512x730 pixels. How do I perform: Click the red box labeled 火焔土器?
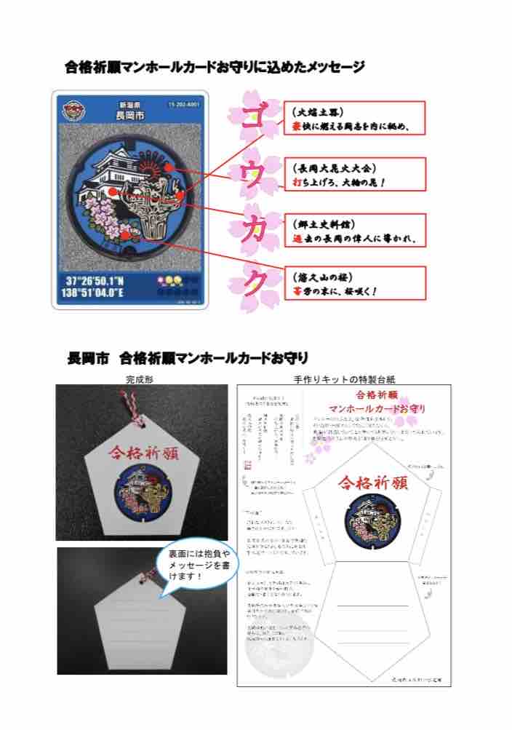[354, 119]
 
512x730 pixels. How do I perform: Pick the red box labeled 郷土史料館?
[354, 230]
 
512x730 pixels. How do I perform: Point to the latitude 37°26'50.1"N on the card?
[101, 280]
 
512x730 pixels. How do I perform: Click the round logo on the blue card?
[74, 108]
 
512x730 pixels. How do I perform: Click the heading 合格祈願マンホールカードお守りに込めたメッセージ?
[215, 68]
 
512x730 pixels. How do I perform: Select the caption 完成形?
[139, 379]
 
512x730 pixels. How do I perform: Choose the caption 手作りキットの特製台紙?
[345, 379]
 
